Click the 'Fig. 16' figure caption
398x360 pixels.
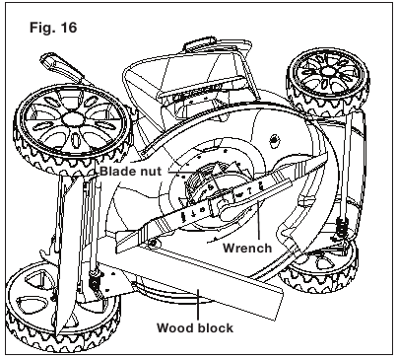[x=53, y=28]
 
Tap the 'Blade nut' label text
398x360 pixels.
[x=131, y=172]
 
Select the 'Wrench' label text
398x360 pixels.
[x=247, y=248]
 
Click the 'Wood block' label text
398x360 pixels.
[x=195, y=327]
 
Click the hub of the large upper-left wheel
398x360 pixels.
[x=73, y=118]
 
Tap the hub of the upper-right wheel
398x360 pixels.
[x=327, y=72]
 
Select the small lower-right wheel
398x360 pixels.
[x=320, y=268]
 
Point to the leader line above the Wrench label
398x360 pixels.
[x=259, y=219]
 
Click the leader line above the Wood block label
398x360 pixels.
[x=198, y=304]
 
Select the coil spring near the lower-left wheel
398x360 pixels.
[x=95, y=280]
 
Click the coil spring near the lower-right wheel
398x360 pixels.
[x=342, y=227]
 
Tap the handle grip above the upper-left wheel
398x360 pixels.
[x=59, y=66]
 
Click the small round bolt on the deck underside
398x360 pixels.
[x=274, y=141]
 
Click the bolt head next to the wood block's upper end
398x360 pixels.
[x=152, y=244]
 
